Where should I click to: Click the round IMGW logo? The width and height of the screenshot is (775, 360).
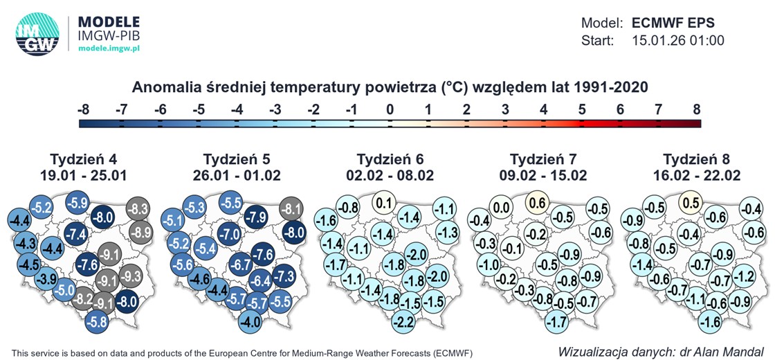coord(37,34)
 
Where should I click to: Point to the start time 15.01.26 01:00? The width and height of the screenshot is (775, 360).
coord(678,41)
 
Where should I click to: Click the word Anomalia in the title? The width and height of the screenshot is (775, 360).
coord(163,87)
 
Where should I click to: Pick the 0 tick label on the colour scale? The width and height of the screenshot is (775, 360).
coord(390,109)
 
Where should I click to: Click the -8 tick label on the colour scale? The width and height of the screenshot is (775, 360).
coord(83,109)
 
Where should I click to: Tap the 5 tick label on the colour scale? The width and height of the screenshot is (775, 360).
coord(581,109)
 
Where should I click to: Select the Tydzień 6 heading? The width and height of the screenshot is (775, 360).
coord(390,158)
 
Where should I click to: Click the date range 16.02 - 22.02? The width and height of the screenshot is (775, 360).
coord(696,175)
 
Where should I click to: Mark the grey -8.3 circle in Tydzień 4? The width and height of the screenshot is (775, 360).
coord(139,208)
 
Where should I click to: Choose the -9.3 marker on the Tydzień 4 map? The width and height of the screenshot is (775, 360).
coord(130,277)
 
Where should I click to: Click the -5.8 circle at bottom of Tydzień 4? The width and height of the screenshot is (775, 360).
coord(97,322)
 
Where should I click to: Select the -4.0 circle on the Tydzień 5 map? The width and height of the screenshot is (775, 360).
coord(250,322)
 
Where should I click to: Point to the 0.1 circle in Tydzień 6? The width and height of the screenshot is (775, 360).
coord(385,203)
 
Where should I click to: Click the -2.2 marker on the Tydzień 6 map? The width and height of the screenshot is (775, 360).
coord(404,322)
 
